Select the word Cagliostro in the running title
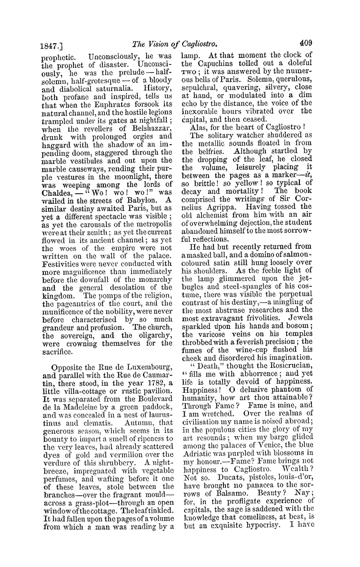[x=192, y=41]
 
